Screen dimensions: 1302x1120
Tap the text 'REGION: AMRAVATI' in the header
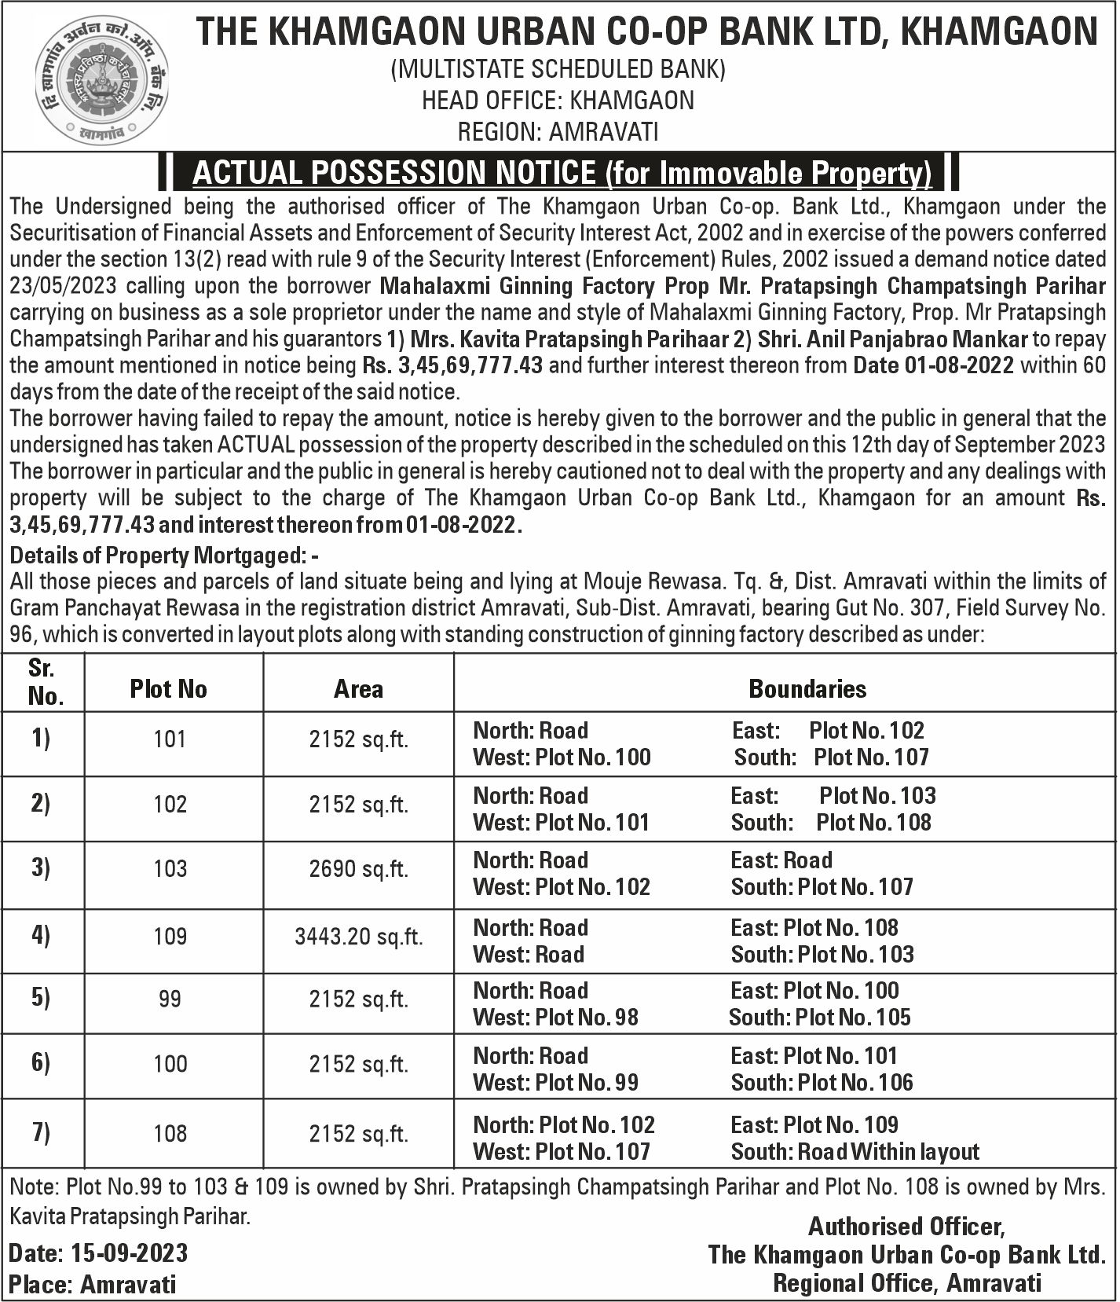point(558,131)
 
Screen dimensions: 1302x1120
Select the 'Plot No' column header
point(169,689)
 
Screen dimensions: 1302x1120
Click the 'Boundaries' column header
point(807,689)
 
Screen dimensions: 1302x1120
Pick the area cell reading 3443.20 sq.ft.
point(358,937)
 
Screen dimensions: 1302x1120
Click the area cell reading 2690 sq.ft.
point(358,869)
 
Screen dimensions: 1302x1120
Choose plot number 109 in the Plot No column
point(170,937)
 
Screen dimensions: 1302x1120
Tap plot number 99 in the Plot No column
point(170,999)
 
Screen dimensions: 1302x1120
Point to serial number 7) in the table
point(40,1133)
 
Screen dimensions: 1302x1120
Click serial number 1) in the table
point(40,739)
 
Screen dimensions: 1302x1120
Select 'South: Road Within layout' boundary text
point(855,1152)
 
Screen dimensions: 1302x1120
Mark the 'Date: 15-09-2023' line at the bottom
point(98,1252)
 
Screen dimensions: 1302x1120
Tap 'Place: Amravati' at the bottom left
point(93,1285)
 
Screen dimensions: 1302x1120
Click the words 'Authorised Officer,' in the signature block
point(906,1227)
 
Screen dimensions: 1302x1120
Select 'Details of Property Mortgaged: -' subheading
point(164,556)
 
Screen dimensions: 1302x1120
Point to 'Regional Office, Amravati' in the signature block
point(907,1283)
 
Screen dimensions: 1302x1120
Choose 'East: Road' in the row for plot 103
point(781,860)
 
